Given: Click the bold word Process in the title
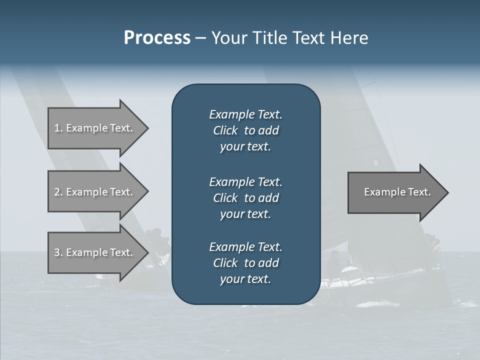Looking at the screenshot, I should pos(157,38).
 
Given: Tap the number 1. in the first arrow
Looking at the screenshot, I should pos(58,128).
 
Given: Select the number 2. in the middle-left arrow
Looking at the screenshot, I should pos(58,192).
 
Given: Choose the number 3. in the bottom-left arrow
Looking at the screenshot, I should pos(58,252).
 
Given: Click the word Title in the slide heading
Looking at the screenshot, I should pos(268,38).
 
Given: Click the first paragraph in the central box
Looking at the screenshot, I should pos(245,130).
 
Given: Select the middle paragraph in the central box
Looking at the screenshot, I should pos(245,198).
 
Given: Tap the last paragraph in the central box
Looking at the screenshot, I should pos(245,263).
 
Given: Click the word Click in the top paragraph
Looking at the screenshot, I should pos(225,131).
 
